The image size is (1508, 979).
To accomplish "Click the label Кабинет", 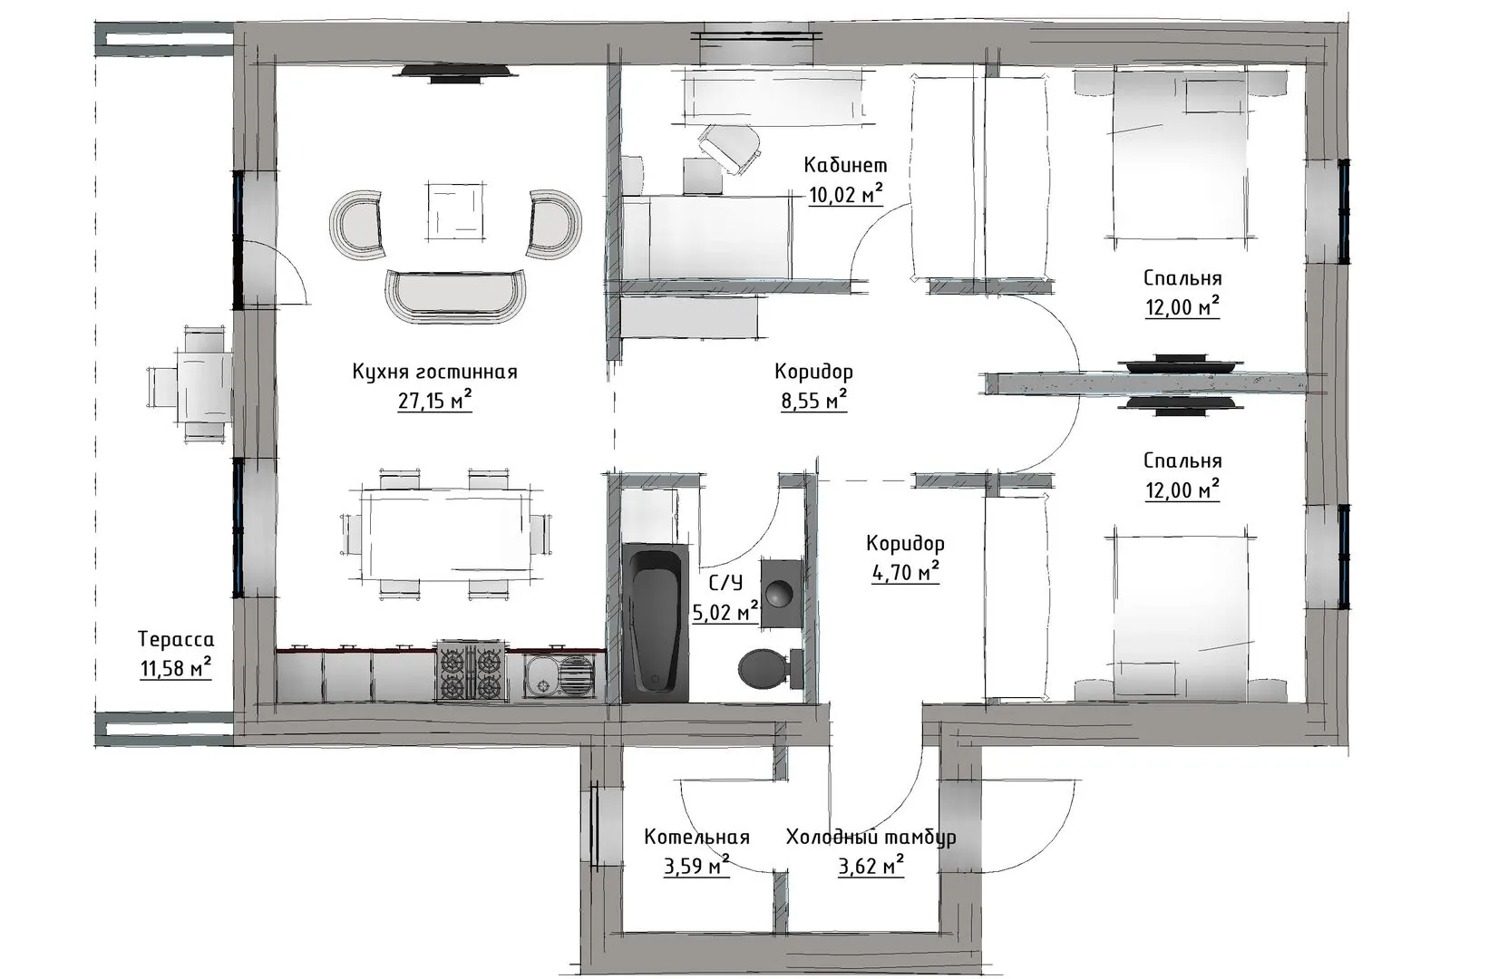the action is click(845, 165).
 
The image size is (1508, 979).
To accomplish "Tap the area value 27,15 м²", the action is click(434, 401).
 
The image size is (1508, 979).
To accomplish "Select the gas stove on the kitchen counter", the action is click(472, 670).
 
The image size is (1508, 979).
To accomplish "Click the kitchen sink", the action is click(559, 675).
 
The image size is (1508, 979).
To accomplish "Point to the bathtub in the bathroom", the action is click(656, 623).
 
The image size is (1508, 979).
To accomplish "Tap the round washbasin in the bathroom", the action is click(782, 594).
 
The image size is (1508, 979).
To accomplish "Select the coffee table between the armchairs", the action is click(455, 210).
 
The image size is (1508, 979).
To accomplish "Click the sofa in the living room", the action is click(455, 296).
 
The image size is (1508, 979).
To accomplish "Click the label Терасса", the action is click(176, 639).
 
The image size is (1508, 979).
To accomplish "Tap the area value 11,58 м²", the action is click(176, 668).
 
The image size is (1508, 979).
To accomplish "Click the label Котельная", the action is click(696, 837).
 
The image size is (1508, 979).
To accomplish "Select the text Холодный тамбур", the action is click(871, 838).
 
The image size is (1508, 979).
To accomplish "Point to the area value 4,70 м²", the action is click(906, 572).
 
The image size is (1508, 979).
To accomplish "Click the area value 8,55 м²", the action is click(814, 401).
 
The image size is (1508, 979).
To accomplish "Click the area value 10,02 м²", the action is click(845, 194).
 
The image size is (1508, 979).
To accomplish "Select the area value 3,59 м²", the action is click(696, 866).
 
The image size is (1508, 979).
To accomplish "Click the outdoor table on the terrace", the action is click(204, 384).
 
